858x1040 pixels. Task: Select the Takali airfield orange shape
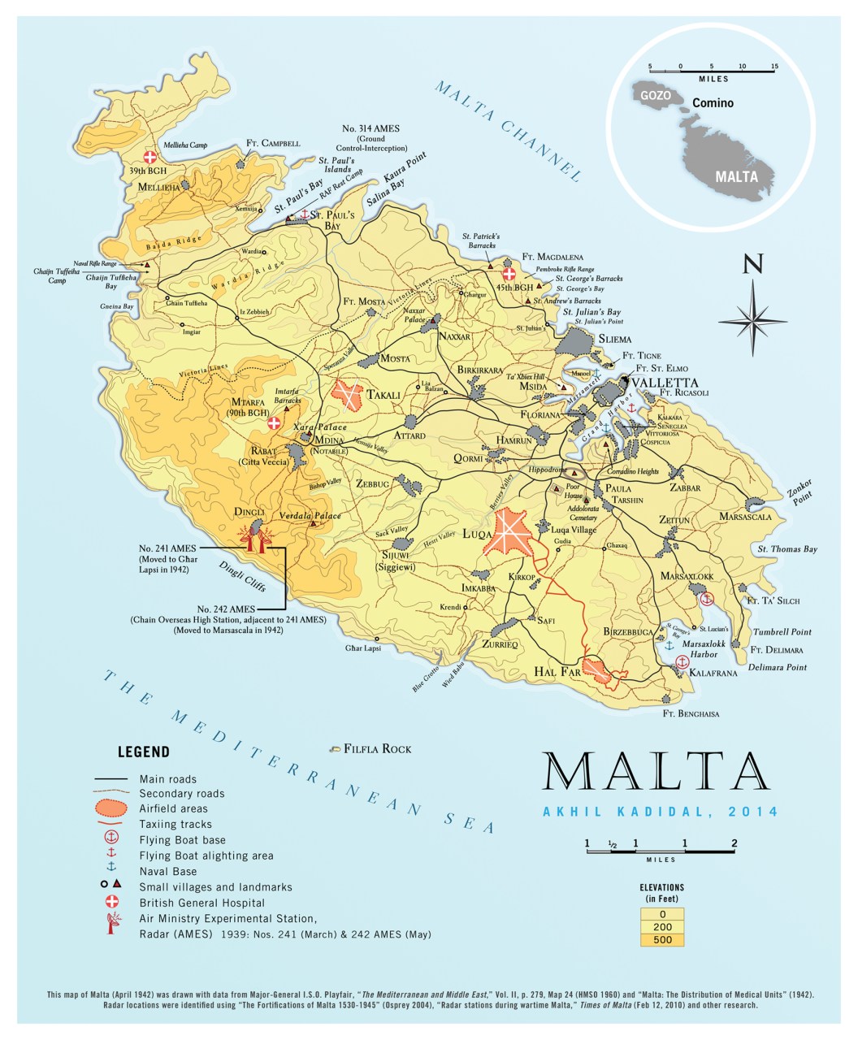350,395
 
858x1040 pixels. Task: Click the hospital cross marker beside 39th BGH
149,157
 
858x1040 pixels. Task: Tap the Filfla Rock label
378,748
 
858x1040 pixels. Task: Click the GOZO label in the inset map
656,95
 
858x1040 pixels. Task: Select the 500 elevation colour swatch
661,940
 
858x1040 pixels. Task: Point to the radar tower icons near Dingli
254,539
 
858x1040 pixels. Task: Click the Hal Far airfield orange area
600,671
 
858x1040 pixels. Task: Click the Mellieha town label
158,187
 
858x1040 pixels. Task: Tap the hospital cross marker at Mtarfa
275,423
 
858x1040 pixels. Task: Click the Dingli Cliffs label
241,574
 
